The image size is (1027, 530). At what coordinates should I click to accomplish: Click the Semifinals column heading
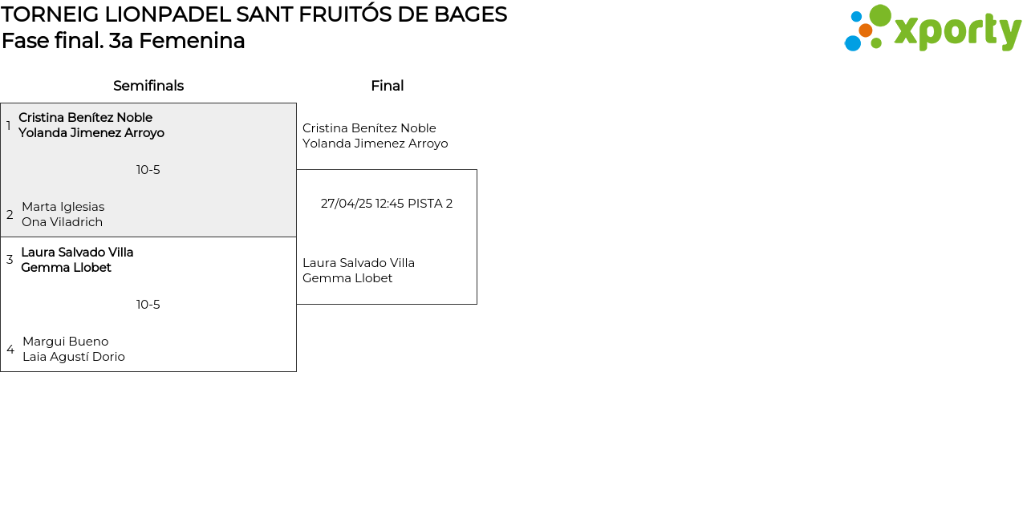(x=148, y=86)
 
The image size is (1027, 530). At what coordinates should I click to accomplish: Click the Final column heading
(x=387, y=86)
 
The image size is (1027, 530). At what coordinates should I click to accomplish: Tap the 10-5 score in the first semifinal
(x=148, y=170)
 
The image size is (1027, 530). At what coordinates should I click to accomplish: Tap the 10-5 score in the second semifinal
(x=148, y=305)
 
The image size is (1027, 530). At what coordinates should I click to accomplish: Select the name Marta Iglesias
(x=63, y=207)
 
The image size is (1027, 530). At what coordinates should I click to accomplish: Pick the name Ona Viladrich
(x=63, y=222)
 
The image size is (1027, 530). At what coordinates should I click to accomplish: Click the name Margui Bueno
(x=66, y=342)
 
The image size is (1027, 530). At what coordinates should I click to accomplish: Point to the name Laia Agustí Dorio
(x=74, y=357)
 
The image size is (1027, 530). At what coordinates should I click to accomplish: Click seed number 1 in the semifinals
(x=8, y=125)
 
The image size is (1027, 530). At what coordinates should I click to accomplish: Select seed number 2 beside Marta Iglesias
(x=10, y=214)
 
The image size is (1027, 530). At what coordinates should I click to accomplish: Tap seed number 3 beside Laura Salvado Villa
(x=10, y=260)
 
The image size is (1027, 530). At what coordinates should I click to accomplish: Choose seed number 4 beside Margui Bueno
(x=10, y=350)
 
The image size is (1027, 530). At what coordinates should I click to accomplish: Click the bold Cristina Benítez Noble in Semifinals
(x=85, y=118)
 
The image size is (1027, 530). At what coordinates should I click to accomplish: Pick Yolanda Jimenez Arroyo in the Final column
(x=375, y=144)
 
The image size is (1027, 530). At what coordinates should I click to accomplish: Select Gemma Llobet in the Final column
(x=347, y=278)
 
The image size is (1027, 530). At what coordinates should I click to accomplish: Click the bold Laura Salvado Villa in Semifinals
(x=77, y=253)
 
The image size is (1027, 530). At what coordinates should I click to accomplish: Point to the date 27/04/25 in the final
(x=346, y=204)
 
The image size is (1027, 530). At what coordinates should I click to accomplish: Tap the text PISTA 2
(x=430, y=204)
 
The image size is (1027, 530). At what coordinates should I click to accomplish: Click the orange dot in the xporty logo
(x=865, y=30)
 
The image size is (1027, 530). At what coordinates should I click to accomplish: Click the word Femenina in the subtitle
(x=192, y=41)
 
